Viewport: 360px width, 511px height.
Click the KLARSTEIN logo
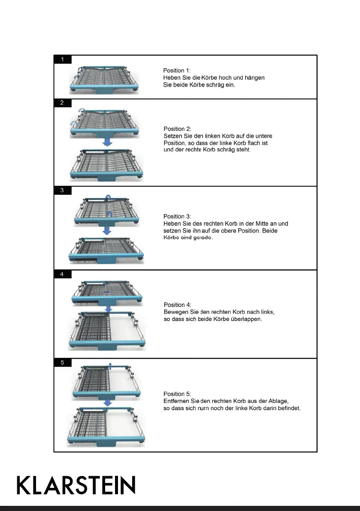click(x=76, y=485)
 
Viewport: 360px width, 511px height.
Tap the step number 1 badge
click(x=63, y=59)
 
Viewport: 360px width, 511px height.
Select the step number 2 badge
click(x=63, y=103)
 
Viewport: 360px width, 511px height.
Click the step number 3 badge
click(x=63, y=190)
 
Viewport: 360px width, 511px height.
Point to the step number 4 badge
click(x=63, y=274)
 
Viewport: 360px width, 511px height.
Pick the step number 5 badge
click(x=63, y=363)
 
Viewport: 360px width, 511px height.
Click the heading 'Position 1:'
click(x=176, y=70)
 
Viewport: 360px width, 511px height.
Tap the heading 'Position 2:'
click(x=177, y=129)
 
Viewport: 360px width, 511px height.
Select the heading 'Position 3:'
click(x=177, y=216)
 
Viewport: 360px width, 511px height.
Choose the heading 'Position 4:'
click(x=177, y=305)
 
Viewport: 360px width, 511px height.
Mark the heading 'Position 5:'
click(x=177, y=394)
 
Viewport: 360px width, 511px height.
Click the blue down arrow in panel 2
click(x=108, y=142)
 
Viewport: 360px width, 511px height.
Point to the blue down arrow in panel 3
click(x=107, y=230)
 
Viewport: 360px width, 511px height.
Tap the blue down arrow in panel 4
click(x=109, y=308)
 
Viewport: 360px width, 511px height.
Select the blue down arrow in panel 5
click(x=108, y=403)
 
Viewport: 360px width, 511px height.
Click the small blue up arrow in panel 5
click(x=110, y=365)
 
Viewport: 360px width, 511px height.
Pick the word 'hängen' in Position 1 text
click(x=255, y=78)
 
